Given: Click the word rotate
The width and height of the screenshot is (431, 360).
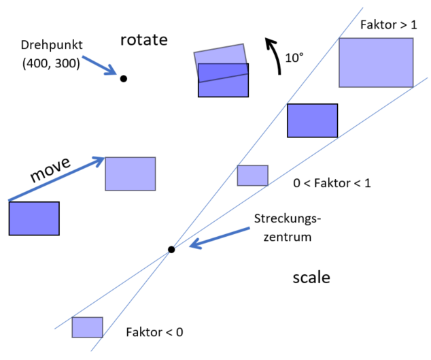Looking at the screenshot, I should pos(143,39).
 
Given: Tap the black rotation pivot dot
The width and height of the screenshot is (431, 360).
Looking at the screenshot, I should pos(123,78).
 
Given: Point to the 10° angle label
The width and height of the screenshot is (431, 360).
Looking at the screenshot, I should pos(294,59).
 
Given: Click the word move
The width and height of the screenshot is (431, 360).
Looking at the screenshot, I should pos(52,174).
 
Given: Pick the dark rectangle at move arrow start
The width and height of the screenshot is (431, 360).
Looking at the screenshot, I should pos(34,218).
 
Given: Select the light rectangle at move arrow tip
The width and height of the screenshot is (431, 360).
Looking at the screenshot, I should pos(131,174).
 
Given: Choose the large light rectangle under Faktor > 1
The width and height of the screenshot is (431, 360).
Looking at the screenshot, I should pos(376,63).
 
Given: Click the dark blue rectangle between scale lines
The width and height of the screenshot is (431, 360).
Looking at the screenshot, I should pos(312,120).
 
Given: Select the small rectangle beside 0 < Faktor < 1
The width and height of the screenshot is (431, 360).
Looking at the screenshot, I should pos(252,176).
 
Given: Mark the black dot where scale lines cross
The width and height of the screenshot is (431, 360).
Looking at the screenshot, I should pos(171,250).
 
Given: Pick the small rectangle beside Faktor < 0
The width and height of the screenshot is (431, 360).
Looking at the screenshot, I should pos(88,327).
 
